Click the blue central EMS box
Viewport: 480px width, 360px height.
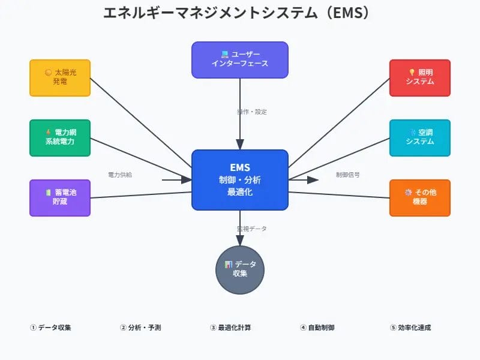[240, 180]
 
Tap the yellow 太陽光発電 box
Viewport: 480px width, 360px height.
[60, 77]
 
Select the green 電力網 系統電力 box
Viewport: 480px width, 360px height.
[60, 137]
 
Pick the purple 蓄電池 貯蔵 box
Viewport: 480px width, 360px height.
[60, 197]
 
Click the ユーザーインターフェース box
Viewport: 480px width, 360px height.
[240, 59]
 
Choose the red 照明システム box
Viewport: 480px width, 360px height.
[420, 77]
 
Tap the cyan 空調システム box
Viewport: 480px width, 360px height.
[420, 137]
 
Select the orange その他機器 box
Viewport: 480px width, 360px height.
[420, 197]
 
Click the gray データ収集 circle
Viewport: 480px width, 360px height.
[240, 269]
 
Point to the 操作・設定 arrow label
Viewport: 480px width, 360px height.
[252, 112]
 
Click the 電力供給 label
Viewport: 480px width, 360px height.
[120, 175]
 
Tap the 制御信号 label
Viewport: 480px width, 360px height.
[348, 175]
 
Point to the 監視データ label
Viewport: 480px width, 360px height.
[252, 229]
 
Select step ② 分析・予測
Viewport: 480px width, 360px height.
[140, 328]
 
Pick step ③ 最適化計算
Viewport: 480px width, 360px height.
[230, 328]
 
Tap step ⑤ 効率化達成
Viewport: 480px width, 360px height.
[410, 328]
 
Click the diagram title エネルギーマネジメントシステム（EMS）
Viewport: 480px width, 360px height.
[240, 13]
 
